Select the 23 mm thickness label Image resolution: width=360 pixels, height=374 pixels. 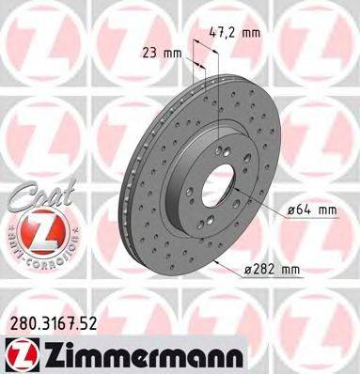point(161,53)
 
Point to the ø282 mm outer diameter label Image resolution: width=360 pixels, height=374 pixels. point(271,271)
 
